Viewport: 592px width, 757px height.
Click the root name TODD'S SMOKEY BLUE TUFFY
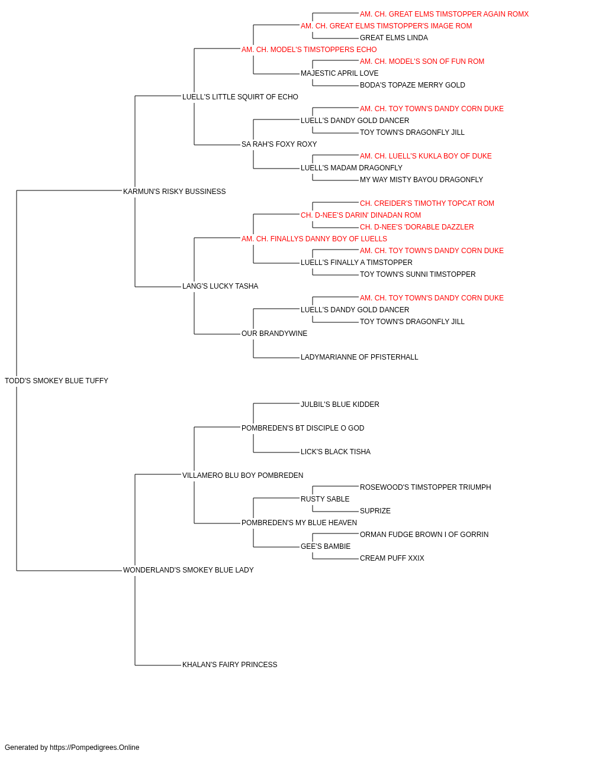[x=56, y=381]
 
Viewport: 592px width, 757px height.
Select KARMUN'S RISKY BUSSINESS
[x=174, y=192]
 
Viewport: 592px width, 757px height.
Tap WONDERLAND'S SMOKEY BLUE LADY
[x=188, y=570]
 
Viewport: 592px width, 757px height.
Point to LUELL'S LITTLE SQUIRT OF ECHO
[x=240, y=97]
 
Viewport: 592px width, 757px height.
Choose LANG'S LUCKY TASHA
[x=220, y=286]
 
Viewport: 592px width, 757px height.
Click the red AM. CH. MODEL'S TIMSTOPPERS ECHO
[x=309, y=50]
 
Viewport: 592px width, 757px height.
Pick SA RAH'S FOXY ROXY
[x=279, y=144]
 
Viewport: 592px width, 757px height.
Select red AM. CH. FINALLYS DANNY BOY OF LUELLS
[x=314, y=238]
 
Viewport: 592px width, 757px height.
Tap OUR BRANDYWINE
[x=274, y=334]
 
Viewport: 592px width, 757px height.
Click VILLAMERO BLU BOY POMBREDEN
[x=243, y=475]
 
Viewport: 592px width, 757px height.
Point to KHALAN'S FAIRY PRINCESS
[x=230, y=665]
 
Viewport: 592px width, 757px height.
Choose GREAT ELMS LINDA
[x=394, y=38]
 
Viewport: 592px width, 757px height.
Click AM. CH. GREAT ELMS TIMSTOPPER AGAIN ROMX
[x=445, y=14]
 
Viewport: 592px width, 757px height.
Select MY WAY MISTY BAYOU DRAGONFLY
[x=422, y=180]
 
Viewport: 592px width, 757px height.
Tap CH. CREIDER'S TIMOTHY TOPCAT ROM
[x=427, y=203]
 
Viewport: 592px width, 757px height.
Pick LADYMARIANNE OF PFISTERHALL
[x=359, y=357]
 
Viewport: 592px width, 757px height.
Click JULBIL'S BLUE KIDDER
[x=340, y=405]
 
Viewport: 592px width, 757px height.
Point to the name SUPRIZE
[x=375, y=511]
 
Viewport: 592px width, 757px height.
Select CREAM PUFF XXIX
[x=392, y=558]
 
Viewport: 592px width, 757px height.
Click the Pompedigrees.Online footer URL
[x=95, y=748]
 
